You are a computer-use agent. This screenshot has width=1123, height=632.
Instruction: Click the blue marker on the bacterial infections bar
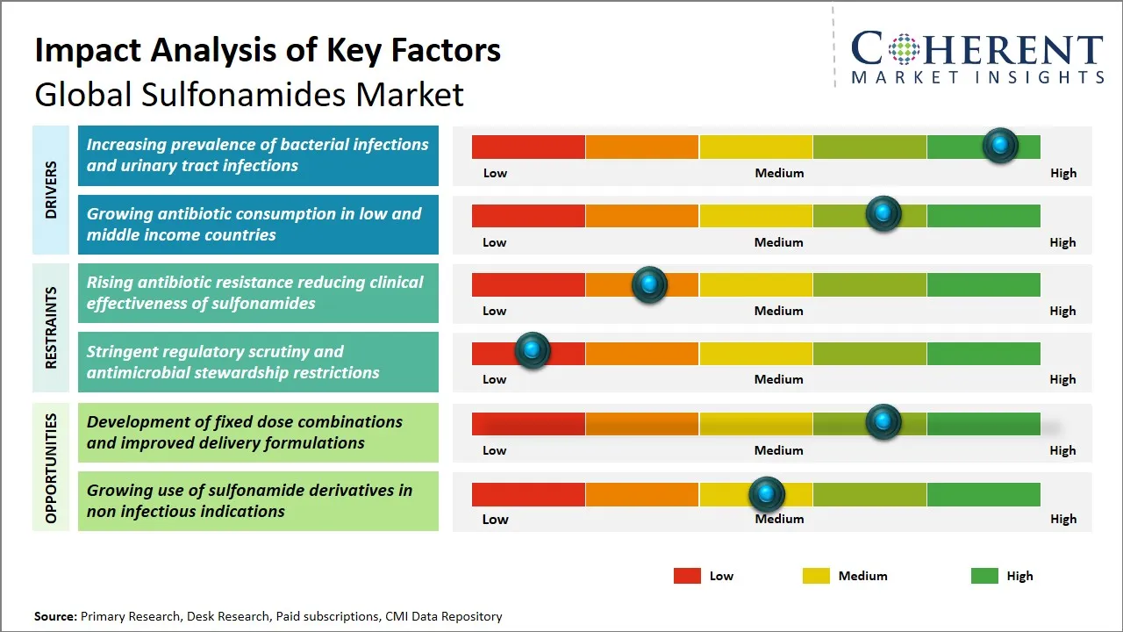click(x=1000, y=146)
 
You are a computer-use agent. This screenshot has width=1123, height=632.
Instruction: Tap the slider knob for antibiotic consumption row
click(x=883, y=214)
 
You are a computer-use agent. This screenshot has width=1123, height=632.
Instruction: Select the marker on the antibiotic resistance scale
click(x=649, y=284)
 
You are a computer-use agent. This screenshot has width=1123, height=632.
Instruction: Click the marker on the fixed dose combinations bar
click(x=883, y=422)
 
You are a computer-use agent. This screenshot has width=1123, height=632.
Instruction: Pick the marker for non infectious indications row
click(x=767, y=494)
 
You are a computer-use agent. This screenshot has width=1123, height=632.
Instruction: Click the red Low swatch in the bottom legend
click(x=687, y=576)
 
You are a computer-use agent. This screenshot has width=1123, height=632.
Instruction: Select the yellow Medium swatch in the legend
click(x=816, y=576)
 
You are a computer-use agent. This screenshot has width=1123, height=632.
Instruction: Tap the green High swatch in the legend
click(x=984, y=576)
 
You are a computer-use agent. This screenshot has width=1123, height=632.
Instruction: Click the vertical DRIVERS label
click(x=51, y=190)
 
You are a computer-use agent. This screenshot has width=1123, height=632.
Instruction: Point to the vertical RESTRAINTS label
click(x=51, y=327)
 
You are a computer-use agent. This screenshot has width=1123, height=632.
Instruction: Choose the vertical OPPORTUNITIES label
click(x=51, y=468)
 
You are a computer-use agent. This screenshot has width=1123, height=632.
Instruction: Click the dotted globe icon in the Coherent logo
click(x=903, y=49)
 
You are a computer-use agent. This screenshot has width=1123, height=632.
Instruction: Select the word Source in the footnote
click(x=55, y=616)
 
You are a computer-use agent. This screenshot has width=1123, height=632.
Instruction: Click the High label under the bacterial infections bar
click(x=1063, y=173)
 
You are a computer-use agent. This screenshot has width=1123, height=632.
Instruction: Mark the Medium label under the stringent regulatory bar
click(x=779, y=379)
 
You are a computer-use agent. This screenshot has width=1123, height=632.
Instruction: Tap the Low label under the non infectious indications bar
click(x=495, y=519)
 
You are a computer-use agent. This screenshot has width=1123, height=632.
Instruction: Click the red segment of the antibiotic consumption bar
click(x=528, y=216)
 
